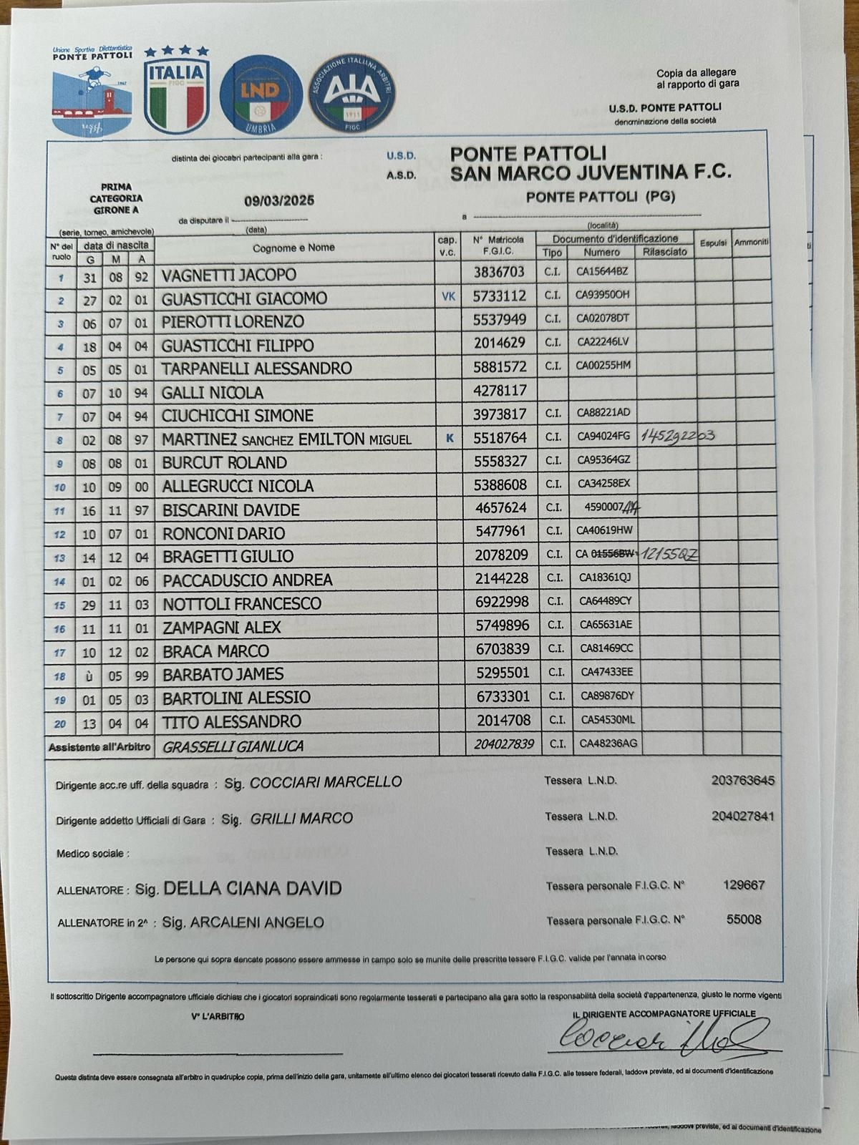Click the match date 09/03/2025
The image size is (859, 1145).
pyautogui.click(x=278, y=201)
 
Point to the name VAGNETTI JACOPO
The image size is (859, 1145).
pyautogui.click(x=229, y=275)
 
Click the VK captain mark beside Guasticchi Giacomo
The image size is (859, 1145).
pyautogui.click(x=448, y=296)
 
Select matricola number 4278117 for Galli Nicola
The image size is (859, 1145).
pyautogui.click(x=500, y=390)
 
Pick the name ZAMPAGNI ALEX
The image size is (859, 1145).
pyautogui.click(x=222, y=628)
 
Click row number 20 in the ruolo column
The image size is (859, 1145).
pyautogui.click(x=60, y=723)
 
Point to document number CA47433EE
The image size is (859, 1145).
pyautogui.click(x=606, y=672)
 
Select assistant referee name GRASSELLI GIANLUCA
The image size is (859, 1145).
pyautogui.click(x=233, y=746)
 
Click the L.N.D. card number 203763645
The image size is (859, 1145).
pyautogui.click(x=743, y=780)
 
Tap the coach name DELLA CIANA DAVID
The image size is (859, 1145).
pyautogui.click(x=253, y=889)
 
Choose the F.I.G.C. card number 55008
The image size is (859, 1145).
pyautogui.click(x=744, y=920)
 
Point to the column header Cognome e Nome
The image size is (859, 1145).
pyautogui.click(x=293, y=248)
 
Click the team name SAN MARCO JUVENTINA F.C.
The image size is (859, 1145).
pyautogui.click(x=591, y=172)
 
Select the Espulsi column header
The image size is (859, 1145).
pyautogui.click(x=713, y=243)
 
